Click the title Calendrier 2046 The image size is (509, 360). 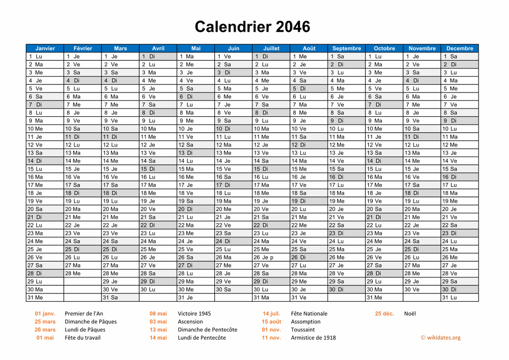(252, 26)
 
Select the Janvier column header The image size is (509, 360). (45, 48)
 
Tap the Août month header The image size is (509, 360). (309, 48)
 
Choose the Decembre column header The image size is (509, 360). (459, 48)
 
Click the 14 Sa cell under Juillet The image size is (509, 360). (271, 161)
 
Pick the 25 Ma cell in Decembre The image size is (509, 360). (459, 249)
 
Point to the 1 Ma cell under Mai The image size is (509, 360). (195, 56)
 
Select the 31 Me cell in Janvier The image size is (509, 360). (45, 297)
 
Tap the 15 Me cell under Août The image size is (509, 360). (309, 169)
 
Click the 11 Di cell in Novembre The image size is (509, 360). (422, 137)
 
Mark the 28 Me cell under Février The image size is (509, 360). (83, 273)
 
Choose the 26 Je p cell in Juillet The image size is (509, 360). (271, 257)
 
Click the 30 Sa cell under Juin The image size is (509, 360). (233, 289)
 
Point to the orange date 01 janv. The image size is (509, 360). (45, 314)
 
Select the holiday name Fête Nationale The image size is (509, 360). (309, 314)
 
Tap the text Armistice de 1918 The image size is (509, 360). (313, 338)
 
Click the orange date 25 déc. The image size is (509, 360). (384, 314)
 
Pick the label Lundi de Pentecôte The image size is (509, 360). (202, 338)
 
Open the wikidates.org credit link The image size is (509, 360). (440, 338)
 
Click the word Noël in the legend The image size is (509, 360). (410, 314)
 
